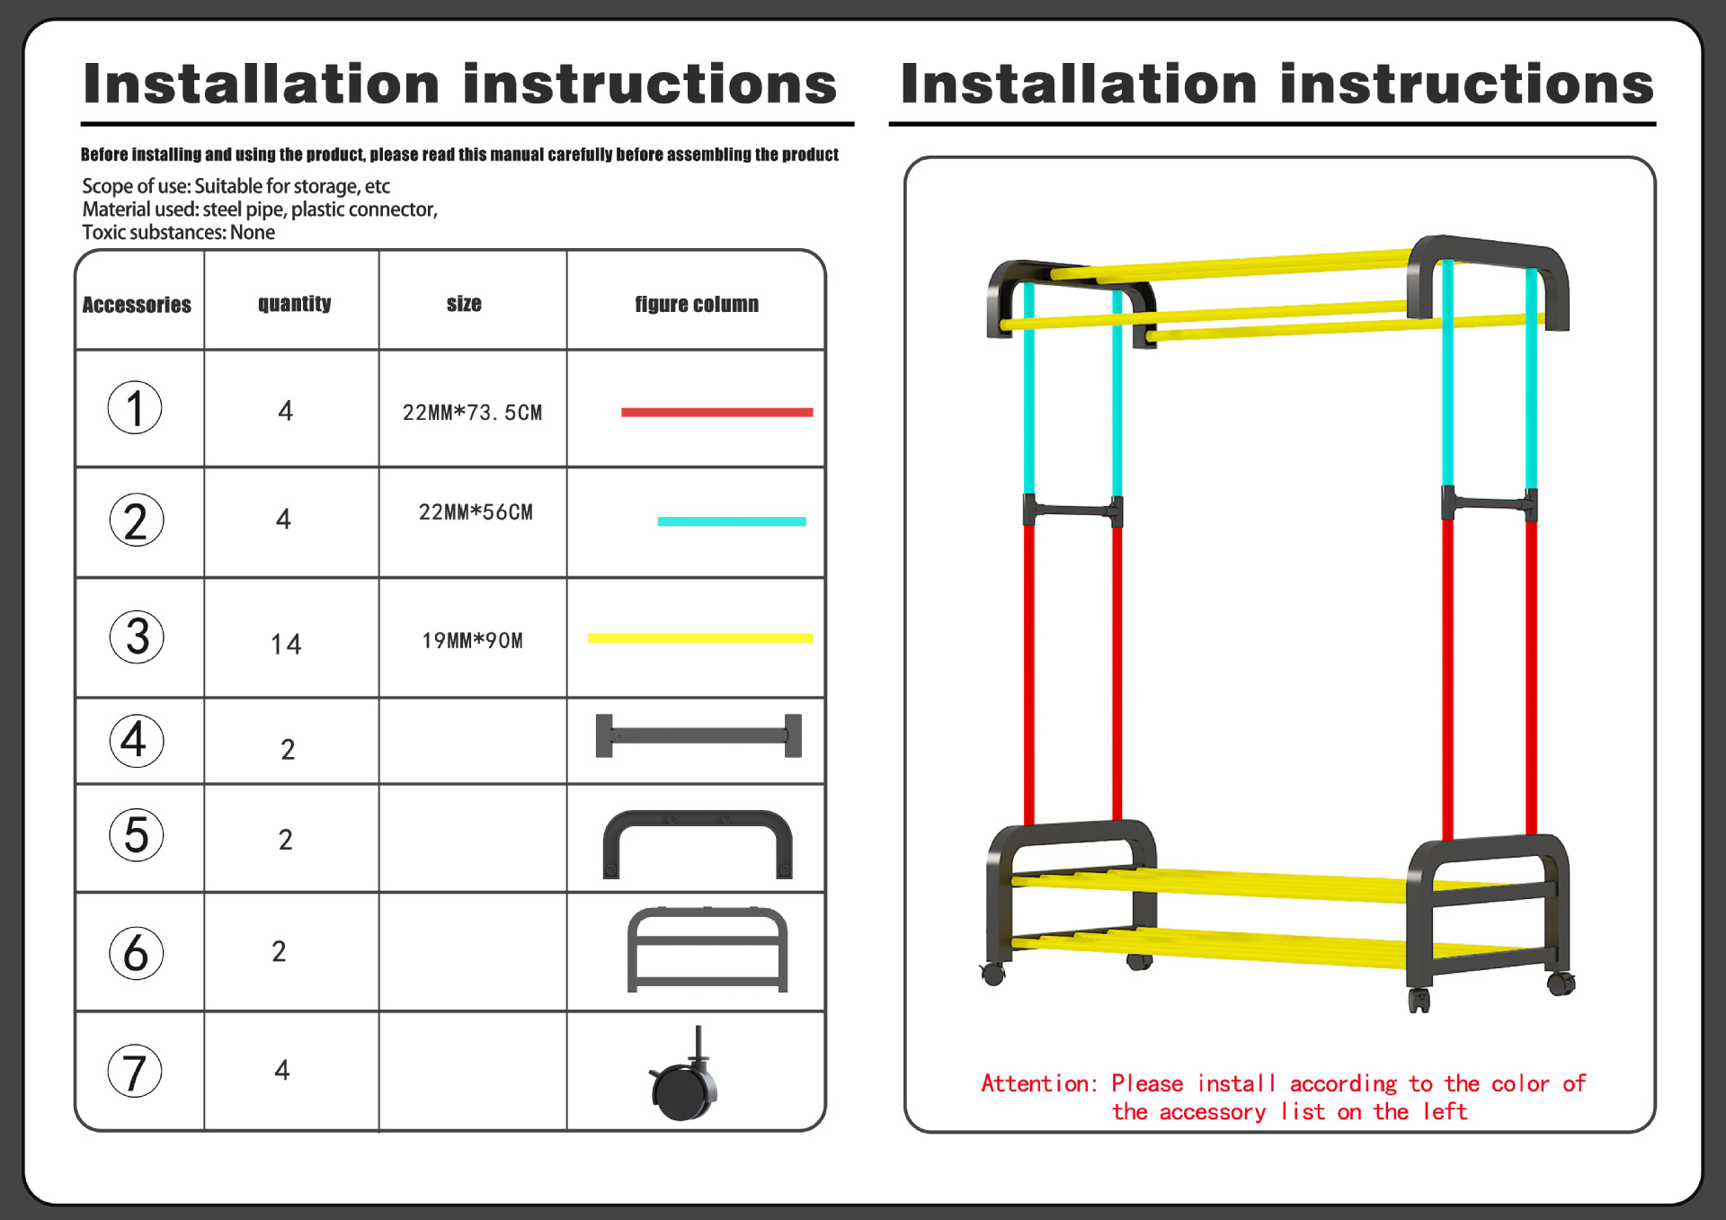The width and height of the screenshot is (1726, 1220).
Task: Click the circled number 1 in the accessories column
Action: (135, 407)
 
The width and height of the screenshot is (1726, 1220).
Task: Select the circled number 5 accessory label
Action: (136, 835)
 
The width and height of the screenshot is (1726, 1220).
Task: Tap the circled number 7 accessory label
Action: (135, 1071)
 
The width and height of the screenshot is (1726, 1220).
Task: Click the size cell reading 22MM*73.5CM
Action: (472, 413)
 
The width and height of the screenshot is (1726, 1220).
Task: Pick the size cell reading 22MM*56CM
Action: (476, 512)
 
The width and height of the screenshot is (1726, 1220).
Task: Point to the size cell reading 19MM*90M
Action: (472, 641)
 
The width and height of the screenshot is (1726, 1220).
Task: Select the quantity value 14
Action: (286, 644)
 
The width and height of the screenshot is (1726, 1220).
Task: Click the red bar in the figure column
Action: (716, 413)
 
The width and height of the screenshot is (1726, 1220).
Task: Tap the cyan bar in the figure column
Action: (731, 521)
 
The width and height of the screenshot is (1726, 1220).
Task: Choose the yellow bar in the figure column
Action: (699, 638)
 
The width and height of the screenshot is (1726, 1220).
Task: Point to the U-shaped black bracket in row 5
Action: (697, 841)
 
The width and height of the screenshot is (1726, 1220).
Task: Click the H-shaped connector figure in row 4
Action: (698, 736)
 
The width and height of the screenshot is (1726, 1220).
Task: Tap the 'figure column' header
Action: (697, 305)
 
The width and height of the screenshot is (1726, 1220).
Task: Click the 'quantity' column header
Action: (294, 304)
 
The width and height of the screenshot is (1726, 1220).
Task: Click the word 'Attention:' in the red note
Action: (1038, 1083)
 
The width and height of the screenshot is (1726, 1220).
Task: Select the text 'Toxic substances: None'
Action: (178, 233)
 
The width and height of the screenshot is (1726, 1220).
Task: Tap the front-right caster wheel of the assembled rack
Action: (1419, 998)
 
